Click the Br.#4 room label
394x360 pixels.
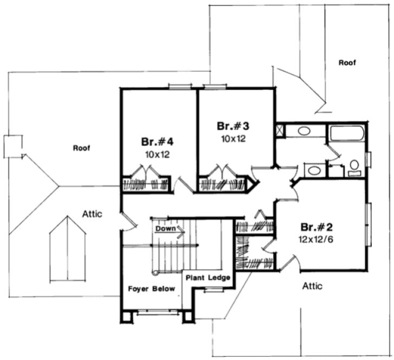click(157, 143)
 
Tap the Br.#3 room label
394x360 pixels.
click(233, 126)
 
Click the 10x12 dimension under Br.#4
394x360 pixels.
click(157, 154)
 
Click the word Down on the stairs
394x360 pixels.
click(165, 229)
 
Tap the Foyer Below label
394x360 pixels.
click(151, 288)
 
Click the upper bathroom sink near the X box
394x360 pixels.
click(304, 131)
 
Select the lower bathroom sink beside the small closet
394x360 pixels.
click(313, 170)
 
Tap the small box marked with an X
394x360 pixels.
click(280, 131)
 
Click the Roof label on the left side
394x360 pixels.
click(81, 147)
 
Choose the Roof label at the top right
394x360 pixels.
click(347, 63)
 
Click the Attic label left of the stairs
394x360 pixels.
click(92, 214)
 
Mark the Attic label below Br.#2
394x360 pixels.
click(313, 286)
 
